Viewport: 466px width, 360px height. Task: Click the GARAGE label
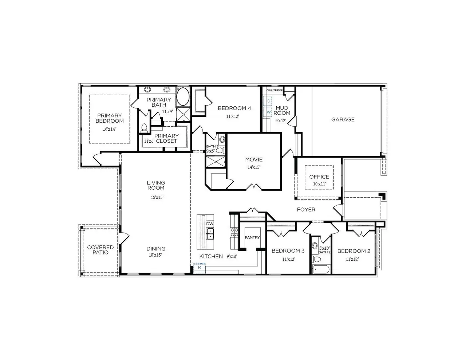tap(343, 119)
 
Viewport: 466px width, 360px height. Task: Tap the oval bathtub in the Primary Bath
tap(183, 97)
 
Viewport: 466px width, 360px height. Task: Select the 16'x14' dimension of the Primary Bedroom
tap(109, 129)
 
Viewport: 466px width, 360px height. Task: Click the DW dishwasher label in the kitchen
tap(210, 224)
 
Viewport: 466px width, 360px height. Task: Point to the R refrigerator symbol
tap(200, 267)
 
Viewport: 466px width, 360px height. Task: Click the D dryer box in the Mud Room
tap(269, 100)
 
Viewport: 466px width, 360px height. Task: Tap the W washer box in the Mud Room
tap(269, 112)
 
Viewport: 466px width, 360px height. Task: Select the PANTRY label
tap(252, 237)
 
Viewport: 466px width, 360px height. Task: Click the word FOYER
tap(306, 209)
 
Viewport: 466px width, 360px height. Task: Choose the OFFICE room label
tap(319, 177)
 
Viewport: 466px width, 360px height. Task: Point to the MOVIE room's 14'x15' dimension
tap(253, 167)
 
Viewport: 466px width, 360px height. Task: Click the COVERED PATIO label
tap(100, 250)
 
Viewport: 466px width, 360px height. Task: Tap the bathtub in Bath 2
tap(321, 269)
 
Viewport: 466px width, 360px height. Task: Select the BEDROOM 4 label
tap(234, 108)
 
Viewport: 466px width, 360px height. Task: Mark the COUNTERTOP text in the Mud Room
tap(275, 90)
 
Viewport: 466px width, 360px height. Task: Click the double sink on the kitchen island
tap(210, 233)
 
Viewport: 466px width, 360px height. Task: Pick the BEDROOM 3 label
tap(288, 251)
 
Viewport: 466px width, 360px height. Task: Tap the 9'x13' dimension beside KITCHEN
tap(232, 256)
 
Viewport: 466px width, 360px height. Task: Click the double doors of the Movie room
tap(254, 187)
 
